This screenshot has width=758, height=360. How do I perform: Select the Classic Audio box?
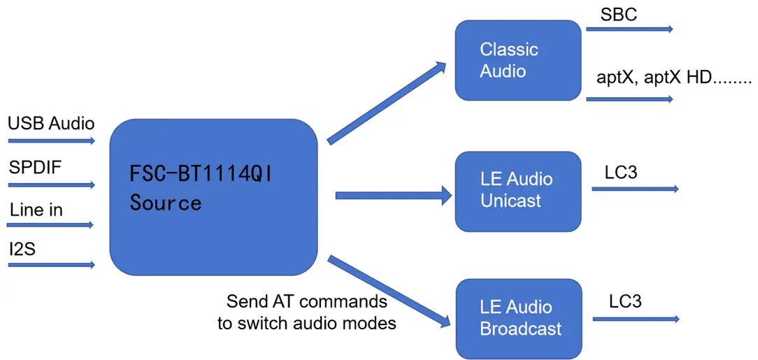click(517, 60)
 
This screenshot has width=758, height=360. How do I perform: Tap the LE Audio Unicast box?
click(517, 191)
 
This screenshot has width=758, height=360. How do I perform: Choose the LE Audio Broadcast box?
click(517, 318)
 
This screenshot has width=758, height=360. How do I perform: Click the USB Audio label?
click(51, 124)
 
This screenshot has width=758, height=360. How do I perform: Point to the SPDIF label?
click(36, 168)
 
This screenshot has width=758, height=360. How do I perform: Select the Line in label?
click(36, 210)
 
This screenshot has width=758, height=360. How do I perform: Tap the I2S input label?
click(23, 250)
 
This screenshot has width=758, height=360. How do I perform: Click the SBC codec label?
click(619, 14)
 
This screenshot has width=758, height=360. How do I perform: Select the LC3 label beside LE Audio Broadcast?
click(625, 301)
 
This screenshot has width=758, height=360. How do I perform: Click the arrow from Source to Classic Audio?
click(387, 102)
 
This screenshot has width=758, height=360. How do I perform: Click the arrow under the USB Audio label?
click(51, 141)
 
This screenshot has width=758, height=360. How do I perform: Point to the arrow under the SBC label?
click(629, 29)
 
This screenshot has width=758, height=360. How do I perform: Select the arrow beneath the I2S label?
click(51, 265)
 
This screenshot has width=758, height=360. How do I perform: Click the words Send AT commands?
click(307, 301)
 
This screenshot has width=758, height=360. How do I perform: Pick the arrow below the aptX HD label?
click(629, 99)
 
